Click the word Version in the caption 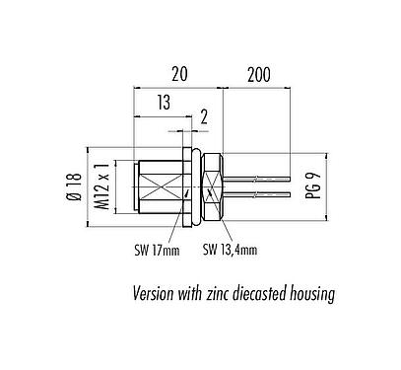click(x=158, y=293)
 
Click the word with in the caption click(x=194, y=293)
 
